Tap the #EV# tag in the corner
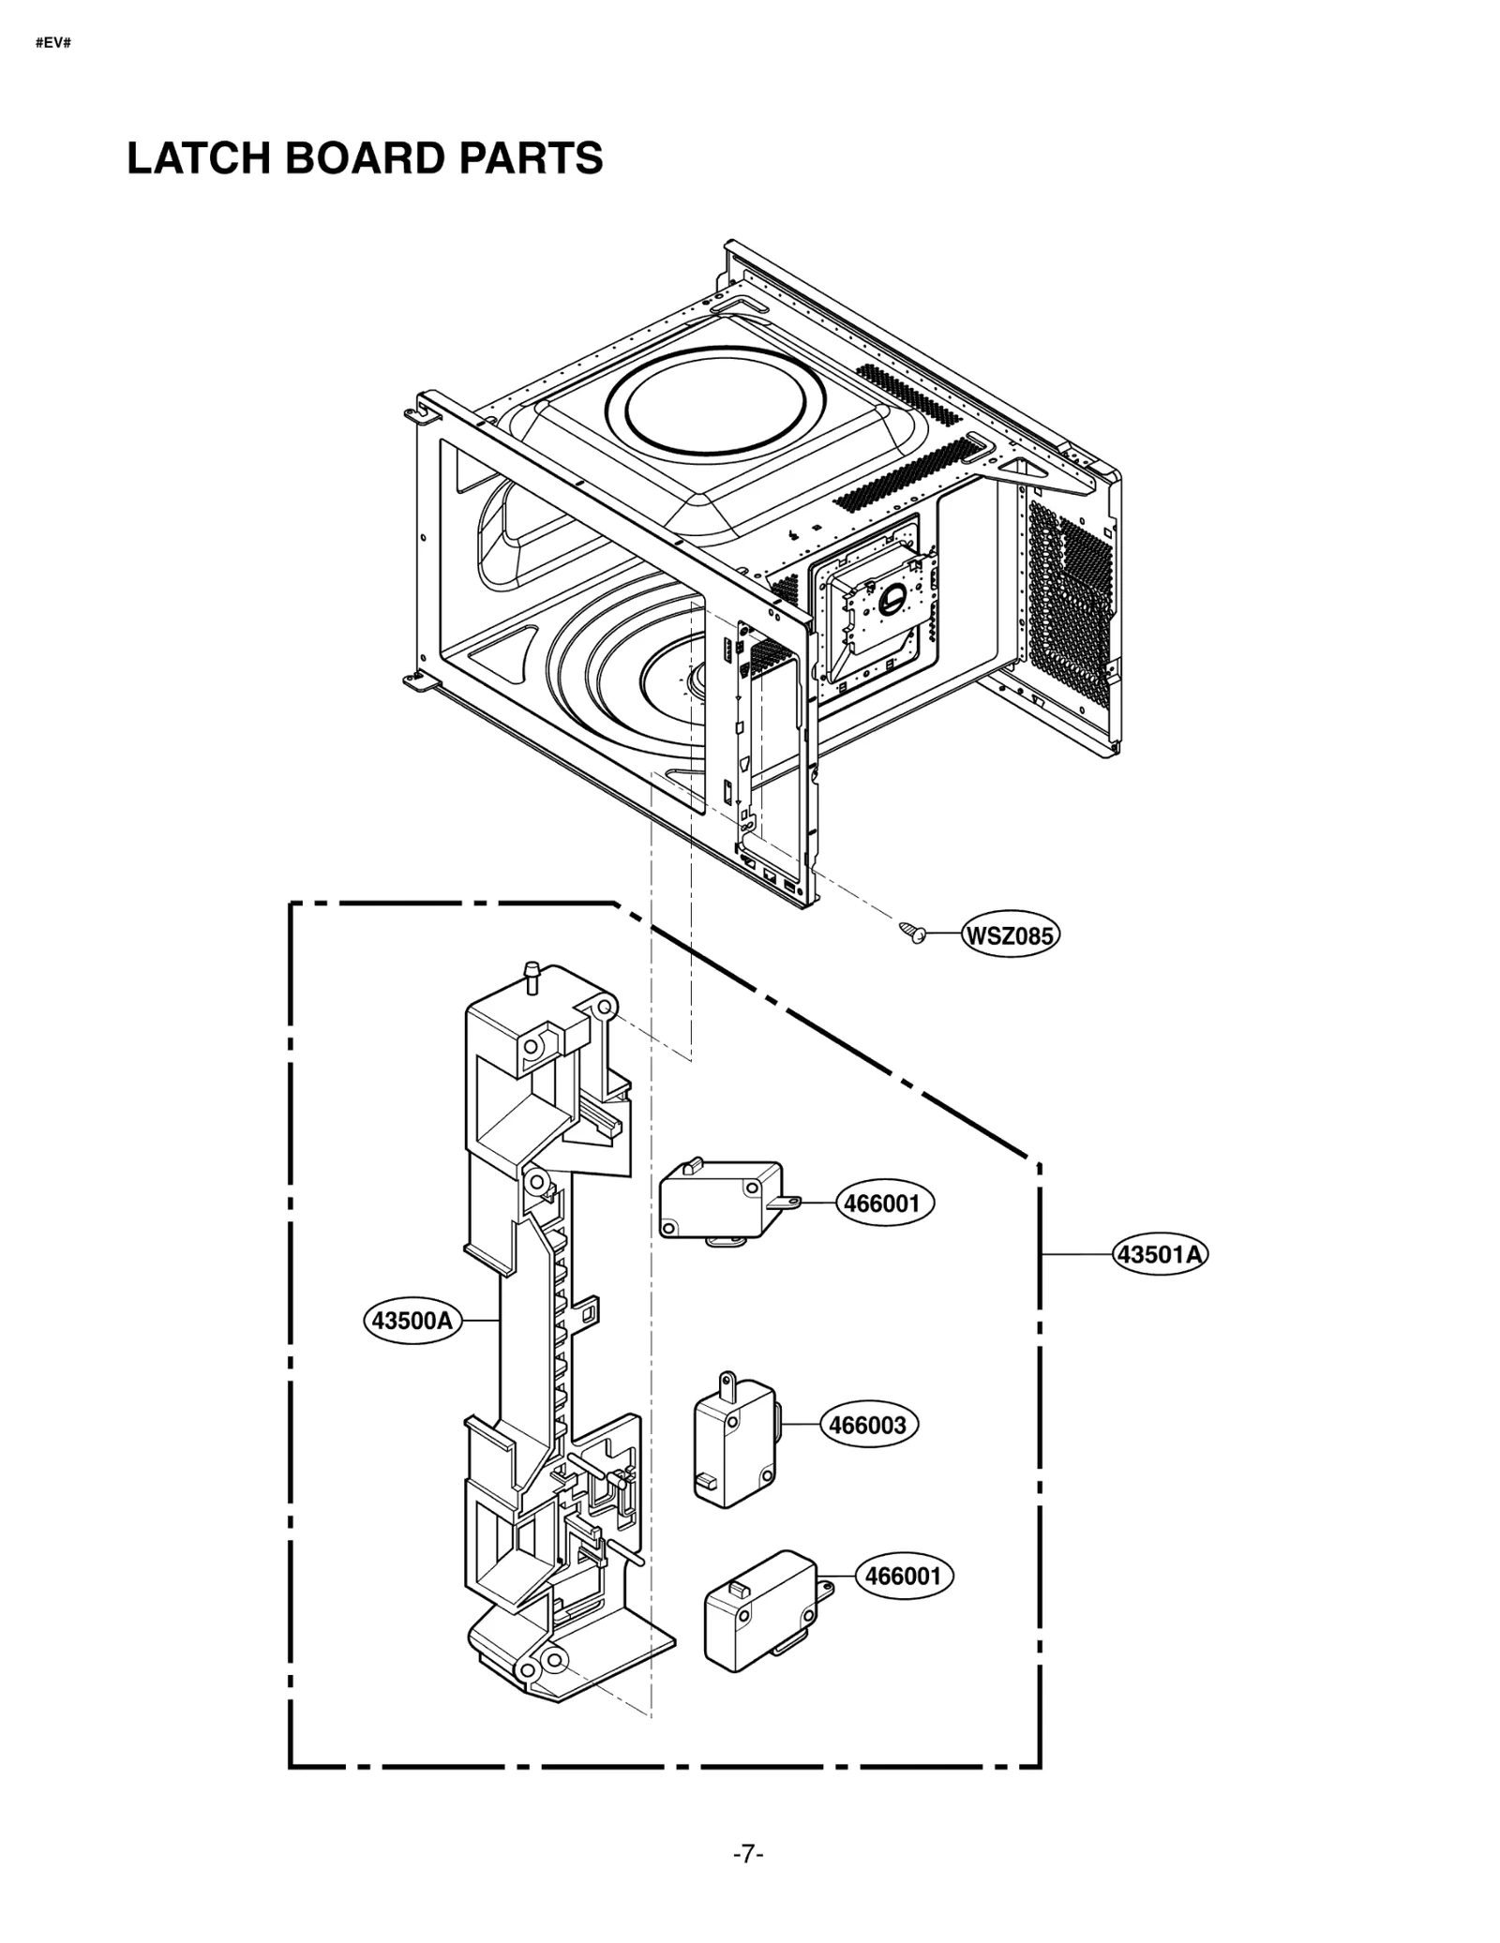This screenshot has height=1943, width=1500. [x=52, y=43]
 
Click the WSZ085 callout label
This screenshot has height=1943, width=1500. [x=1010, y=935]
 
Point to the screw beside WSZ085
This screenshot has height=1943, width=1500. [x=910, y=931]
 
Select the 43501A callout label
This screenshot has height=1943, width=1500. [x=1160, y=1254]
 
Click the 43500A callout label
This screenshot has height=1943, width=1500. [x=412, y=1321]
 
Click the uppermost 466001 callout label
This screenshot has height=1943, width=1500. [x=883, y=1203]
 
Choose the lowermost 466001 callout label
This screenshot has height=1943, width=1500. [x=903, y=1576]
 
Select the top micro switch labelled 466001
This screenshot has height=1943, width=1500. [x=720, y=1202]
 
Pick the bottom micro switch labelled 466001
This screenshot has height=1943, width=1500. [x=757, y=1610]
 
